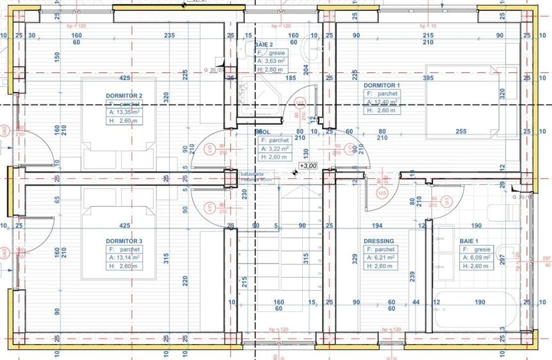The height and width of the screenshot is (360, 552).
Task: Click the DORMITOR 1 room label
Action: [381, 85]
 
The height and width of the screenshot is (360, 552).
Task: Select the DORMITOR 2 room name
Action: [124, 95]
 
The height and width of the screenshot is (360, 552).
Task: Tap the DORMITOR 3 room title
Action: [124, 241]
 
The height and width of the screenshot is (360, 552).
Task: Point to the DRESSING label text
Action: [379, 241]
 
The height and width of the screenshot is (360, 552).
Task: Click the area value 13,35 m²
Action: [126, 111]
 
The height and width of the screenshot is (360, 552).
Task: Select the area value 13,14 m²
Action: [126, 258]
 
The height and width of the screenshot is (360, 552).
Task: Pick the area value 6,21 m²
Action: [383, 258]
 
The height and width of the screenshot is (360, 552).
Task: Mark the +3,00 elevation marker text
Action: [310, 166]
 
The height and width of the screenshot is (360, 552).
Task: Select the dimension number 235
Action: [169, 36]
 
